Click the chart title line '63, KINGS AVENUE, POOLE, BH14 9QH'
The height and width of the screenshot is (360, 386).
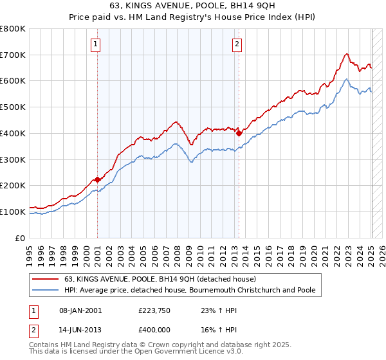tap(193, 5)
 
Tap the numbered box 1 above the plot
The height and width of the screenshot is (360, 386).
tap(95, 44)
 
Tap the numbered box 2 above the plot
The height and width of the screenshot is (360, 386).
tap(237, 44)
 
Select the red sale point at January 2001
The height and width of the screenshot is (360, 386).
tap(97, 179)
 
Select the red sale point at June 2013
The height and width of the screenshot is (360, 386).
tap(239, 133)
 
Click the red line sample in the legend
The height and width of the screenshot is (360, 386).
tap(46, 279)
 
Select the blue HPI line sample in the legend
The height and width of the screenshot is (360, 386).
tap(46, 290)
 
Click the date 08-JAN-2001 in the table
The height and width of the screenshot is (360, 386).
tap(80, 310)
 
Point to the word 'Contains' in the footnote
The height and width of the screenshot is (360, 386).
tap(44, 345)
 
